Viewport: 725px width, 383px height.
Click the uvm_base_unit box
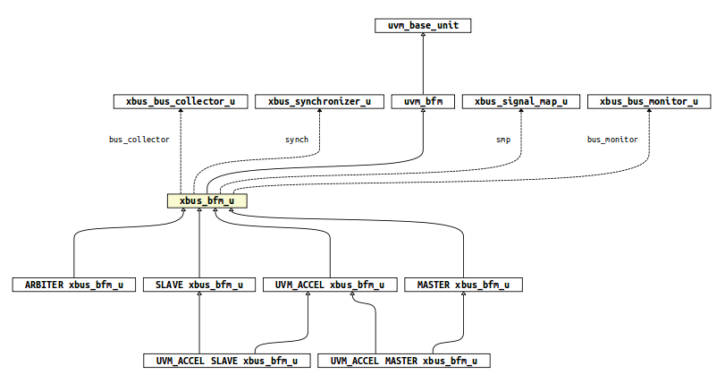423,25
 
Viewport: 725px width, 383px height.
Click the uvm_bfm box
423,101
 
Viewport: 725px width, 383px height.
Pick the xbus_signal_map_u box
521,101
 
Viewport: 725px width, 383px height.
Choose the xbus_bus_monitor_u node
649,101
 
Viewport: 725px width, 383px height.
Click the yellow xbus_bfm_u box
207,201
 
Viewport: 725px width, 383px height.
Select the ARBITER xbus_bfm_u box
68,285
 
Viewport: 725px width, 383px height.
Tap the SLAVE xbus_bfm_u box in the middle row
199,285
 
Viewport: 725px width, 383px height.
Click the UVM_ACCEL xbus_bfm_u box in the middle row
330,285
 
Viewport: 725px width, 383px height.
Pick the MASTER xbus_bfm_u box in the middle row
463,285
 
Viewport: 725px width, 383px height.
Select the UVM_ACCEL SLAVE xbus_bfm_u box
227,361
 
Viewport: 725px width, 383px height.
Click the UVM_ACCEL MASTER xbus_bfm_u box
404,361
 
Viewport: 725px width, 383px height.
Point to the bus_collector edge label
139,140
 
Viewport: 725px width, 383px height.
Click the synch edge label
297,140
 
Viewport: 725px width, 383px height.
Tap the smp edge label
502,140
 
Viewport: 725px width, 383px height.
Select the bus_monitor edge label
612,140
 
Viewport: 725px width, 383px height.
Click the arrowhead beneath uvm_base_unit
423,37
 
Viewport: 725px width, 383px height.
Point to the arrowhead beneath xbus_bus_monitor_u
649,113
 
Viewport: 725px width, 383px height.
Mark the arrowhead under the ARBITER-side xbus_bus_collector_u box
180,113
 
